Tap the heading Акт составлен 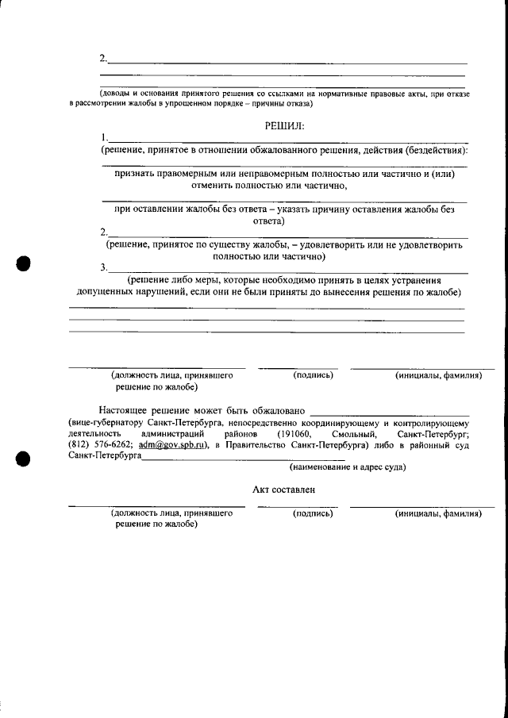284,490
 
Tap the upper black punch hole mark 24,263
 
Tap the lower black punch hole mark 24,458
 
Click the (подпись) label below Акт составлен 313,513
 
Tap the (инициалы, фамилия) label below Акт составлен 438,513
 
